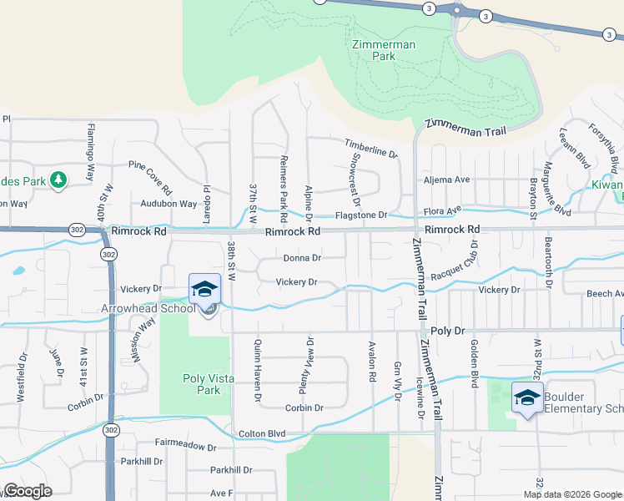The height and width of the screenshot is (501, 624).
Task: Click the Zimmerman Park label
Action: [372, 50]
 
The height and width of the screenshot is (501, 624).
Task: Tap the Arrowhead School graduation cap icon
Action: [204, 290]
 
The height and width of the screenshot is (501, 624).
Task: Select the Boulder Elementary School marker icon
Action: [526, 397]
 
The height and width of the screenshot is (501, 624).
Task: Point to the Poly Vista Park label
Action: [202, 384]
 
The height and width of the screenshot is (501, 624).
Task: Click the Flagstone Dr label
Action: [361, 215]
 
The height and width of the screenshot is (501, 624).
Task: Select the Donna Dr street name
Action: [302, 258]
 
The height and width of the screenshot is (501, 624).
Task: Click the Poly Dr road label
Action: [448, 331]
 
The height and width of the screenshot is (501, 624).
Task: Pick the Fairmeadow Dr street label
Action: [186, 447]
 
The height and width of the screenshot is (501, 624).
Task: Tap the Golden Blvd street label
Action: [475, 366]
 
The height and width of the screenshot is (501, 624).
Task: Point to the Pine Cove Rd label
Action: [150, 179]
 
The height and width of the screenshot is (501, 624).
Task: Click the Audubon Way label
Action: [169, 204]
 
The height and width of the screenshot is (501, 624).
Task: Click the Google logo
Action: [28, 491]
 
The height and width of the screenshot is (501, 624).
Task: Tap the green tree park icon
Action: [58, 180]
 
